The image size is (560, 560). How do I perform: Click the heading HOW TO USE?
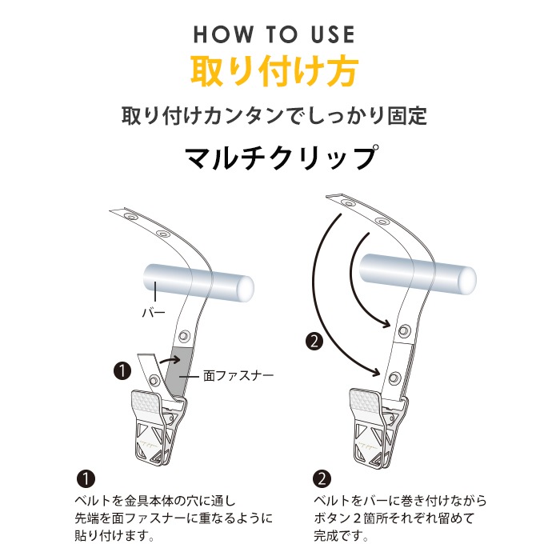(274, 34)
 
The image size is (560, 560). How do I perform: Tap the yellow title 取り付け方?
(274, 71)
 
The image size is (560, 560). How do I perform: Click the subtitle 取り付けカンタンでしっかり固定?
(274, 116)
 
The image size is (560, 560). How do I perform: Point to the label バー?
(154, 314)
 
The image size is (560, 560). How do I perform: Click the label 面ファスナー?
(238, 376)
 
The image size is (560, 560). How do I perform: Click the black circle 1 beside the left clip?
(122, 371)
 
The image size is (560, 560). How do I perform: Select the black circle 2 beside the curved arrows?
(314, 342)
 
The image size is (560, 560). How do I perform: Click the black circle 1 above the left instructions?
(86, 478)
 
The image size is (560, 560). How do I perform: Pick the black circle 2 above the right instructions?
(322, 478)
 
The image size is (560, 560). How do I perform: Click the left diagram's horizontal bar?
(198, 283)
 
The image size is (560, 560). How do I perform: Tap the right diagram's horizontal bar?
(418, 274)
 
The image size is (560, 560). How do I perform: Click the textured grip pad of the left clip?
(146, 401)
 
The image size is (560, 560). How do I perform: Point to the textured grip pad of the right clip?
(363, 399)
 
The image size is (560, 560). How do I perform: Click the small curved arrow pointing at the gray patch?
(170, 360)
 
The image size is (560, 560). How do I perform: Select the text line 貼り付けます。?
(114, 535)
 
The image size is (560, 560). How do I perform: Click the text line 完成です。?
(342, 535)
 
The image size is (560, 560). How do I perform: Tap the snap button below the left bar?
(183, 335)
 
